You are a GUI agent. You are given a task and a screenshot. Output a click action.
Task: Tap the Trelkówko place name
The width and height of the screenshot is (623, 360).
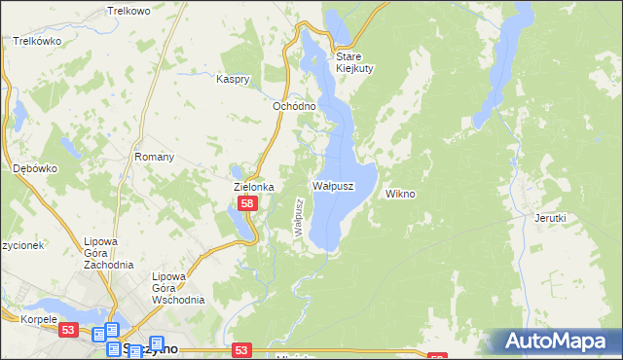pyautogui.click(x=37, y=42)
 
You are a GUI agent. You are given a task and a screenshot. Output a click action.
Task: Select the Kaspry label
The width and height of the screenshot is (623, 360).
pyautogui.click(x=235, y=79)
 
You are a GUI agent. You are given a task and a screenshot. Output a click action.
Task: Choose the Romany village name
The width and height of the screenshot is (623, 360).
pyautogui.click(x=154, y=157)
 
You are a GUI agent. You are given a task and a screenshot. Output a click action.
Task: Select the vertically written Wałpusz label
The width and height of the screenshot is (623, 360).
pyautogui.click(x=300, y=217)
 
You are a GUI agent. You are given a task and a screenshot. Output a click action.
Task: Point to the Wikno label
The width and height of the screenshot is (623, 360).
pyautogui.click(x=400, y=194)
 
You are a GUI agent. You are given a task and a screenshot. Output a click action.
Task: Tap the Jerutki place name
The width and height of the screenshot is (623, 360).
pyautogui.click(x=550, y=219)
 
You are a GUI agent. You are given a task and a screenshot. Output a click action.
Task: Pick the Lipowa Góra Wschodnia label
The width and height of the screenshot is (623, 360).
pyautogui.click(x=178, y=288)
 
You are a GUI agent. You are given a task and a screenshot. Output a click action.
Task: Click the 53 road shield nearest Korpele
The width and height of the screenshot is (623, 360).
pyautogui.click(x=67, y=330)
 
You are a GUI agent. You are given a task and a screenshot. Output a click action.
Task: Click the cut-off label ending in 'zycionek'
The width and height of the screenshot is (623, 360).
pyautogui.click(x=21, y=245)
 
